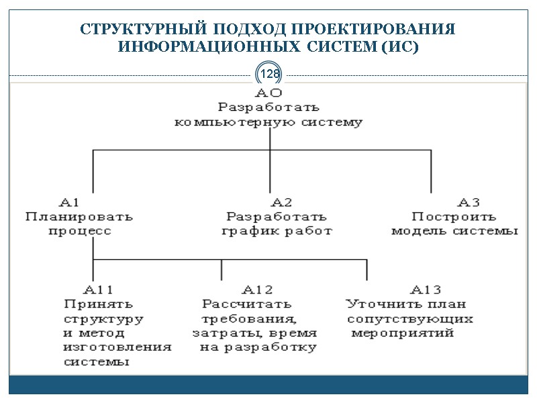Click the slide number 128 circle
coord(269,73)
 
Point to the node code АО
coord(268,93)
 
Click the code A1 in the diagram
coord(70,202)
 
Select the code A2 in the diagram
coord(281,202)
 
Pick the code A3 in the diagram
coord(469,202)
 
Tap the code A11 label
coord(98,289)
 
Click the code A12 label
coord(257,289)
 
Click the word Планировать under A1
coord(79,217)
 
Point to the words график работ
coord(277,231)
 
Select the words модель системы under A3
coord(454,231)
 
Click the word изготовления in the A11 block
coord(117,347)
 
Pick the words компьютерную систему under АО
coord(268,122)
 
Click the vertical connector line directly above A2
coord(270,172)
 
